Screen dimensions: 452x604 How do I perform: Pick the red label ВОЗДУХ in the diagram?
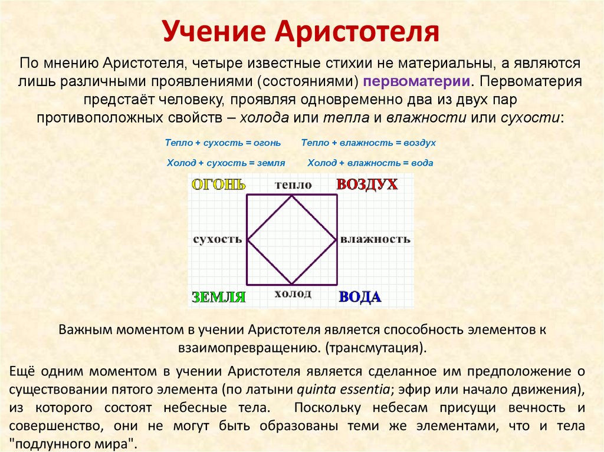coord(367,184)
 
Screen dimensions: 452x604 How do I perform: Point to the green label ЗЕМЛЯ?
coord(218,297)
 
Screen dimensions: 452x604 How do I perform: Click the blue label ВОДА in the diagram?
coord(360,297)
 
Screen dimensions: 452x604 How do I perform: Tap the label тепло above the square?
coord(293,185)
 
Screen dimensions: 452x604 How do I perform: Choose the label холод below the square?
coord(293,293)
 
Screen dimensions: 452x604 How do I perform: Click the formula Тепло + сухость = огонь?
coord(223,143)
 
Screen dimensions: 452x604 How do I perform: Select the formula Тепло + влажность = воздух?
coord(368,143)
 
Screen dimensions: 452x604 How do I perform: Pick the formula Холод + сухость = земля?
coord(226,163)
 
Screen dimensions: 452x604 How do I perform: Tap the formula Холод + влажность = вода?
coord(370,163)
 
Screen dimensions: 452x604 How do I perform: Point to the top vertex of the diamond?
coord(292,196)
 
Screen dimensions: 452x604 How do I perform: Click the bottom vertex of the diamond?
coord(292,284)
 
